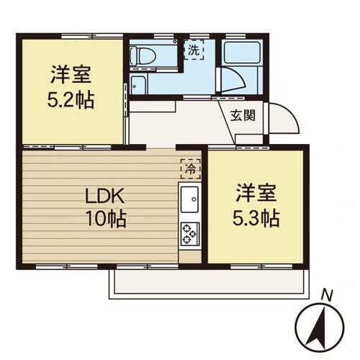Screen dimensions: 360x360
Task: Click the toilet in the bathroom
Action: click(143, 56)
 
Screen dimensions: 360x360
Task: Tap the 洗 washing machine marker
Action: click(194, 50)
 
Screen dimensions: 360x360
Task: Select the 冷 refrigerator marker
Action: click(191, 169)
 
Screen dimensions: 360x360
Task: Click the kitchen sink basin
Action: click(189, 199)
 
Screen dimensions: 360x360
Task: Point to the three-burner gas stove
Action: click(190, 234)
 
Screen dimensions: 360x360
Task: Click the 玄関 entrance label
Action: click(243, 116)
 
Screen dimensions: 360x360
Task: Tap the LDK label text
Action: click(105, 197)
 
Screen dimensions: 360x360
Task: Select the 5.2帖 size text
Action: click(71, 100)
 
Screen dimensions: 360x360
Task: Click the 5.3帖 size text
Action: click(256, 218)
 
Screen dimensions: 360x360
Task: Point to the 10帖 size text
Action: click(106, 218)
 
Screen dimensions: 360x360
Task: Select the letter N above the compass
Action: click(328, 295)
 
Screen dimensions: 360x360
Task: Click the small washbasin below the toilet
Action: click(138, 85)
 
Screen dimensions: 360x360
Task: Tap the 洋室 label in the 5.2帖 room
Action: click(71, 75)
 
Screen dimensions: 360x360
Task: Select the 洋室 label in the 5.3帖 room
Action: click(256, 193)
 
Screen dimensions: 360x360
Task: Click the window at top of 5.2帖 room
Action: click(92, 36)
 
